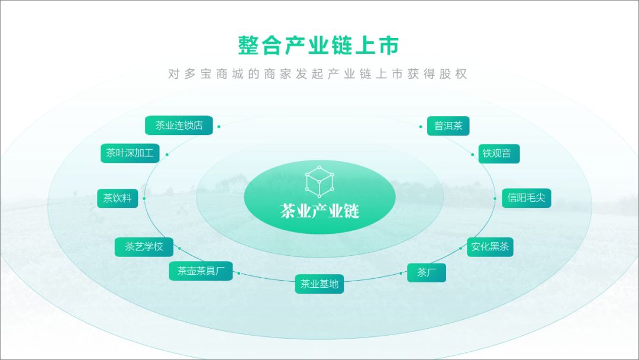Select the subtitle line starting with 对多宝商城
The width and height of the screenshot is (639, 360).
[x=318, y=75]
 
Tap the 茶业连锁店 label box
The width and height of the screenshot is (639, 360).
[x=179, y=126]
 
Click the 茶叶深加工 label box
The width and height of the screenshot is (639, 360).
[x=130, y=153]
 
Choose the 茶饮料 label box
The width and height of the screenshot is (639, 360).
[x=117, y=198]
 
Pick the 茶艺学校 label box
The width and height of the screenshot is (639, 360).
[x=143, y=247]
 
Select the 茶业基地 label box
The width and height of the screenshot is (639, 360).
[x=319, y=284]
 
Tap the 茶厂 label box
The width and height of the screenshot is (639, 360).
[x=426, y=272]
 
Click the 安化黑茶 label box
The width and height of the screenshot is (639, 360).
[x=489, y=247]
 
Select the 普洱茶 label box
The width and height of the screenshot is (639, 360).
[x=448, y=126]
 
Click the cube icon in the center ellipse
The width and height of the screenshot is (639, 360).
[x=319, y=182]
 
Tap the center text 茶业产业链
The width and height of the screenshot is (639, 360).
[x=319, y=211]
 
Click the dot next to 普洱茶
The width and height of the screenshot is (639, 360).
[x=421, y=126]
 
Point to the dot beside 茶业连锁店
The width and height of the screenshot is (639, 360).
[x=219, y=126]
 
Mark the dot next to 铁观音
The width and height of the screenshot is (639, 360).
[x=473, y=154]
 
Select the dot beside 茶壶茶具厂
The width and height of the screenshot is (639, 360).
[x=238, y=273]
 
